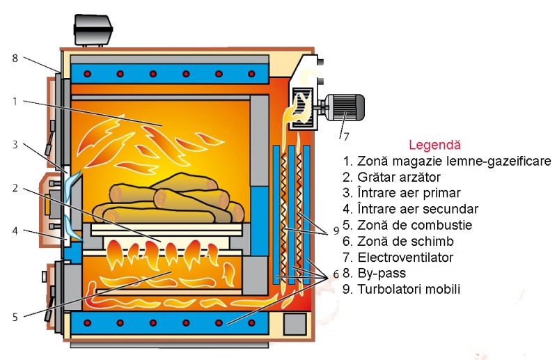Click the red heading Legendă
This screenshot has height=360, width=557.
coord(434,145)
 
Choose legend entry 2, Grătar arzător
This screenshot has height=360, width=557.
coord(399,177)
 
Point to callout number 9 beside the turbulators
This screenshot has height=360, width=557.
coord(336,229)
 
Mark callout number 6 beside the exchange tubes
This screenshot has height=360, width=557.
coord(336,273)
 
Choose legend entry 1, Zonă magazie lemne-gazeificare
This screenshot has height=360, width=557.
coord(446,161)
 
